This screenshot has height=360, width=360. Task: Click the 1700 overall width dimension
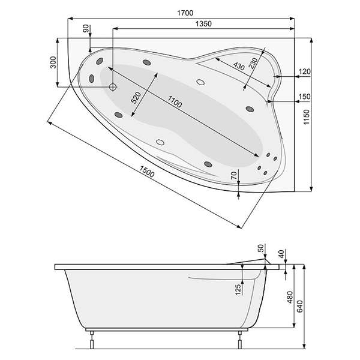click(185, 13)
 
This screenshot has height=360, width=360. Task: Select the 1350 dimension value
click(203, 23)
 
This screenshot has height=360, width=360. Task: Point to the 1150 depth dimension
click(307, 117)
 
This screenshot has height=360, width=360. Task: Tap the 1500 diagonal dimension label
click(147, 172)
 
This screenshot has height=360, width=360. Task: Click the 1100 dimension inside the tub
click(175, 102)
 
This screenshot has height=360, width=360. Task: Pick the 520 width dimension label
click(136, 98)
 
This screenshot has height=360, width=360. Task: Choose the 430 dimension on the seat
click(239, 66)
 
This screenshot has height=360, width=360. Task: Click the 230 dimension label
click(253, 63)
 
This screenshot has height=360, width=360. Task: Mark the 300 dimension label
click(53, 62)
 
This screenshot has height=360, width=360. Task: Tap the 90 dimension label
click(86, 28)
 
